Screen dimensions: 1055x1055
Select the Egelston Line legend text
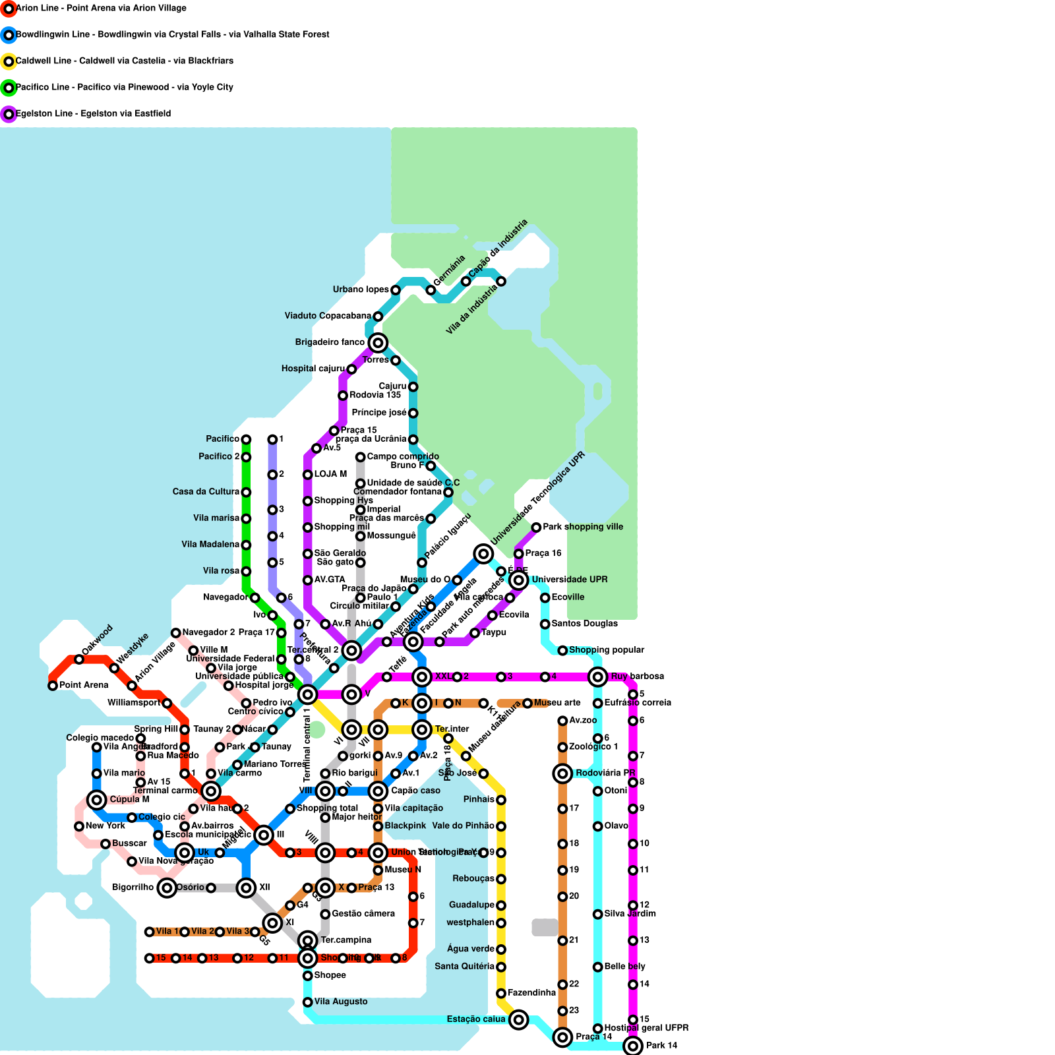point(93,114)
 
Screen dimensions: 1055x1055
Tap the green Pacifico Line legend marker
point(9,88)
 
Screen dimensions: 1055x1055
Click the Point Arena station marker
point(53,686)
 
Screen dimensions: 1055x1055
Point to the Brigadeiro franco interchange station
point(378,343)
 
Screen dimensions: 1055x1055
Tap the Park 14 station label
point(661,1046)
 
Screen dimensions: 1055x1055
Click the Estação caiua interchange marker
point(519,1020)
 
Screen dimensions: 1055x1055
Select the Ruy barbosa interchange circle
point(598,677)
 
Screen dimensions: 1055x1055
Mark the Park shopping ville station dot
point(536,527)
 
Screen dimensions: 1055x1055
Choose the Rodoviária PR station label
point(605,773)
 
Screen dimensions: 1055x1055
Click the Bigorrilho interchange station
point(167,888)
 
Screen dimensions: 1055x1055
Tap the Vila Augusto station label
point(341,1002)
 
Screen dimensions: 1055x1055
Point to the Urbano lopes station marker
point(396,290)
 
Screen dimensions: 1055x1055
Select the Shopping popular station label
point(607,650)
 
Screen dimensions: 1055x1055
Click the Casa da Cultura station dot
point(246,493)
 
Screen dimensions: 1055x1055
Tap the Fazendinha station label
point(531,993)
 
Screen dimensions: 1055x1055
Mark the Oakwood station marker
point(79,659)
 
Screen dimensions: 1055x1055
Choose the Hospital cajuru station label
point(313,369)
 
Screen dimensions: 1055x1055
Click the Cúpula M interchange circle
point(97,800)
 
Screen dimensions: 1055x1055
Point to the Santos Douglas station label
point(584,624)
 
